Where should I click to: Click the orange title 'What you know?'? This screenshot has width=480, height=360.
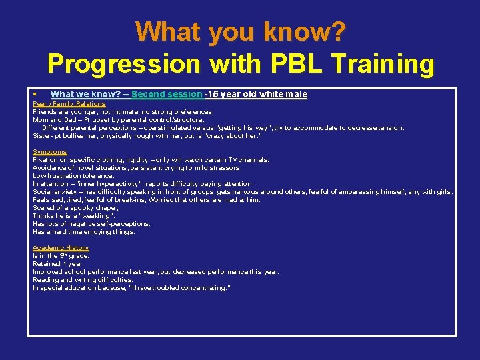(x=240, y=31)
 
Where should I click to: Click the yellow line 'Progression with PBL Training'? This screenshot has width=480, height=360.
(x=240, y=64)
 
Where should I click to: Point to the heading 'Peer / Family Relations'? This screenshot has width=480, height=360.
(x=69, y=104)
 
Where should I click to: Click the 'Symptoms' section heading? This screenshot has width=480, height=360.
(x=50, y=152)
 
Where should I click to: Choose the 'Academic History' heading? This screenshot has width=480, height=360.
(x=61, y=248)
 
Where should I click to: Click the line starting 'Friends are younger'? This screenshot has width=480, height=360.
(x=123, y=112)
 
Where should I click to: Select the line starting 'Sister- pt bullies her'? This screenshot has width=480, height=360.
(x=147, y=136)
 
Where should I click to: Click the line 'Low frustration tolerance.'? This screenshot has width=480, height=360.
(x=73, y=176)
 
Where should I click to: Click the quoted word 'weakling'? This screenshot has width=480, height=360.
(x=97, y=216)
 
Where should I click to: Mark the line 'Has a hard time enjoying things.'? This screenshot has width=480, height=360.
(x=83, y=232)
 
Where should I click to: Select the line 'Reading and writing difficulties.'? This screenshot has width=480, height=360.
(x=83, y=280)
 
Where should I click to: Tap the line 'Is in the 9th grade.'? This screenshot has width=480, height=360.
(x=61, y=256)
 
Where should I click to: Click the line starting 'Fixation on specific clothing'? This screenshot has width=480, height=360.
(x=151, y=160)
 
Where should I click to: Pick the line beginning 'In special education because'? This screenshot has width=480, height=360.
(x=131, y=288)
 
